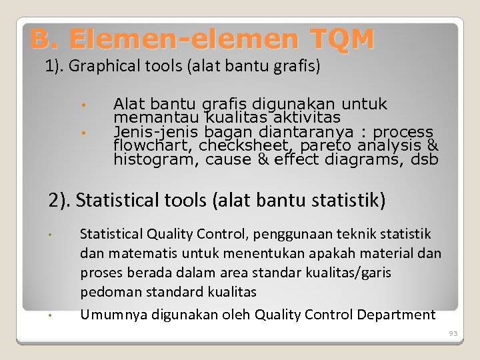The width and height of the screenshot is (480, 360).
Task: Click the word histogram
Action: tap(155, 159)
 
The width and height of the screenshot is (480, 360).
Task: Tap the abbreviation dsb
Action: tap(425, 159)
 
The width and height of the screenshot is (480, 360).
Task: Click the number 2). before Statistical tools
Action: tap(61, 200)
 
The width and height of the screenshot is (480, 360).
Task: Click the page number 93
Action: tap(453, 333)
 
